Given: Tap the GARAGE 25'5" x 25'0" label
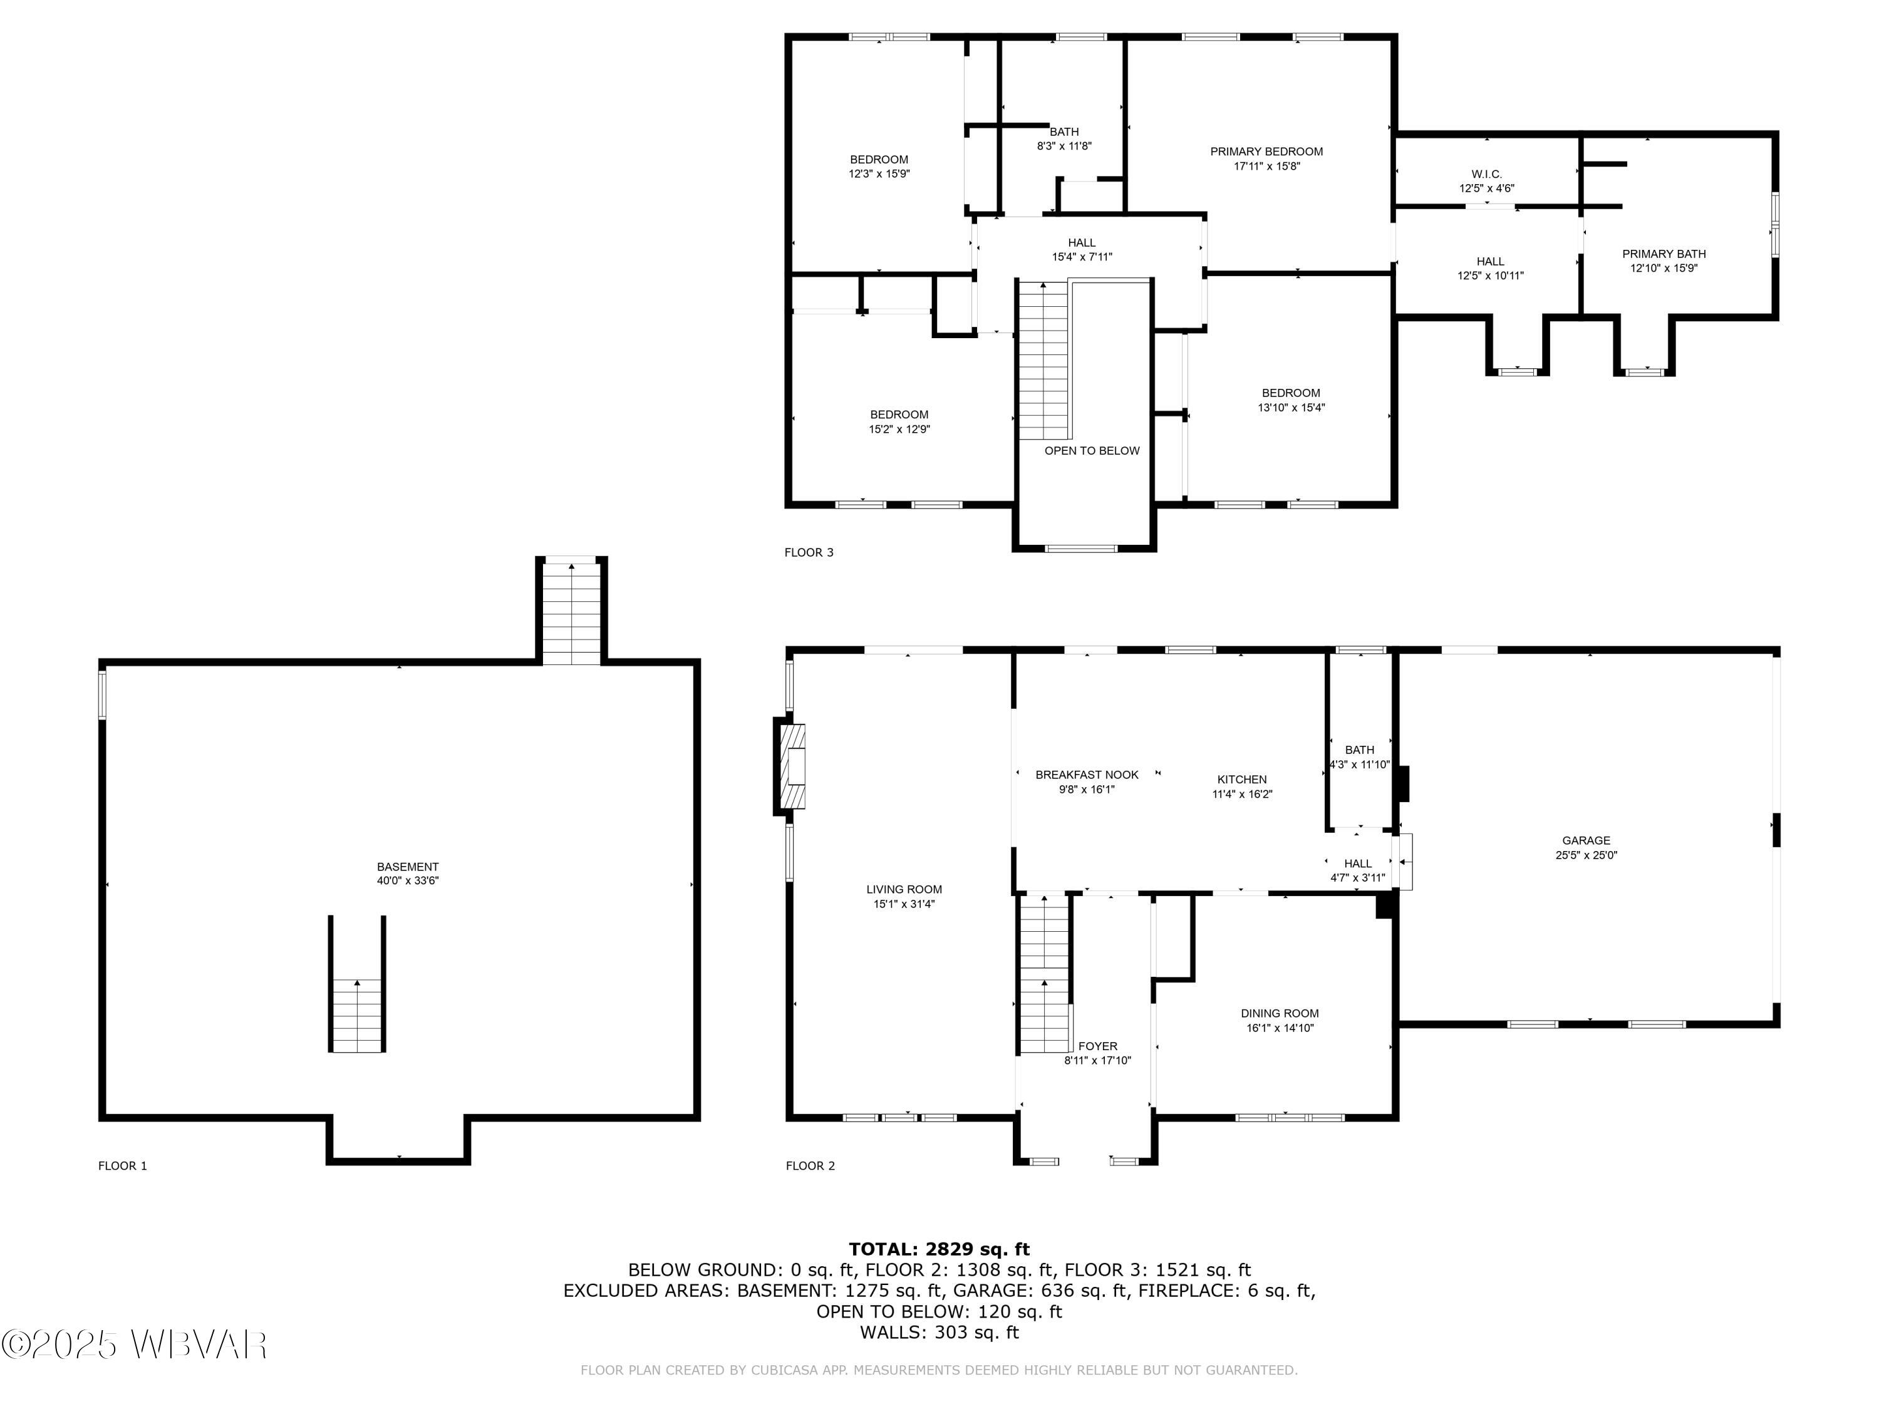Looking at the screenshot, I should tap(1586, 848).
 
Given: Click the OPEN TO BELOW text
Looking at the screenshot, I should tap(1092, 451).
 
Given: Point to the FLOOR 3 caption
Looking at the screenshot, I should tap(809, 553).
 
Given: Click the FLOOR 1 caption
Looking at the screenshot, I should tap(122, 1166).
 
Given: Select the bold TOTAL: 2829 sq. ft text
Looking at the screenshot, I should tap(939, 1249).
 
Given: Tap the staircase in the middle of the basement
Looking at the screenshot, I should tap(358, 1015).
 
